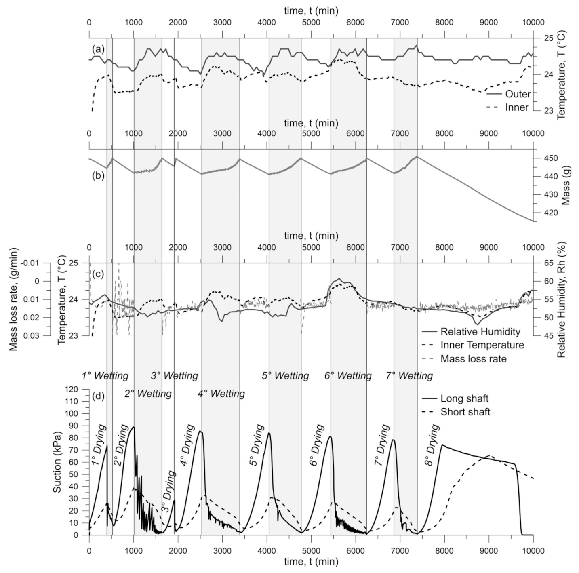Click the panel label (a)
point(98,49)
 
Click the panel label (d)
point(98,396)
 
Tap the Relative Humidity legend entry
point(480,332)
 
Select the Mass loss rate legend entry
point(473,358)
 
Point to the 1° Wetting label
point(105,376)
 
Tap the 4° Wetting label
point(221,393)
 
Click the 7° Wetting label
point(409,376)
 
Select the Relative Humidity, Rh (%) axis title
point(561,299)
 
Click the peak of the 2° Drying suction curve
point(133,427)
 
